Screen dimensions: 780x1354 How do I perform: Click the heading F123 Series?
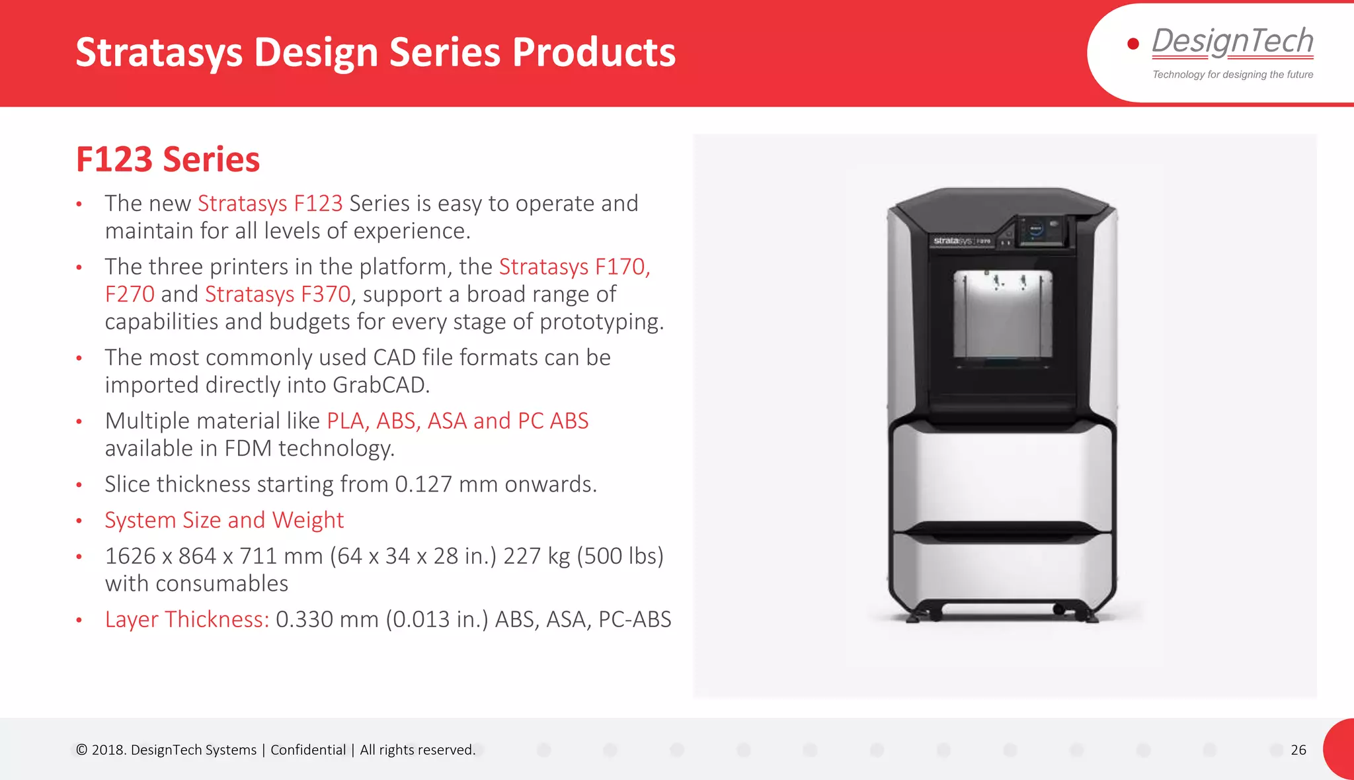pos(168,159)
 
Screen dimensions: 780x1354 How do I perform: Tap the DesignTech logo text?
pos(1232,41)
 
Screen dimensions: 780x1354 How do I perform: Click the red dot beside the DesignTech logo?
pos(1133,44)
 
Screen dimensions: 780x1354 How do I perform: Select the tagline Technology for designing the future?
pos(1232,75)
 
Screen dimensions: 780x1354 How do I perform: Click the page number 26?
pos(1298,750)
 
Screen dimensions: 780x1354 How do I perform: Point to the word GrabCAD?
pos(380,385)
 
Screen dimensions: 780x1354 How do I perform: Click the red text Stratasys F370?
pos(278,294)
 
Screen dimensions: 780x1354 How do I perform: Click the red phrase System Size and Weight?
pos(224,520)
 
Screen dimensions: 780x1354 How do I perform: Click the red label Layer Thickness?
pos(187,619)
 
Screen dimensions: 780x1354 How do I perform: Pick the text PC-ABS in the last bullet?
pos(634,619)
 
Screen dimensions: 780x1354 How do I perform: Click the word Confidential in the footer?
pos(308,750)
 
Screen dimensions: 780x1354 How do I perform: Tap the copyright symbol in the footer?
pos(81,750)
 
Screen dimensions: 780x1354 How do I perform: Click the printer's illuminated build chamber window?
pos(1002,314)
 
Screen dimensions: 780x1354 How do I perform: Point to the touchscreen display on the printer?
pos(1036,230)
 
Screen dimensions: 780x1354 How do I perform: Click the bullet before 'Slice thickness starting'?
pos(79,485)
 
